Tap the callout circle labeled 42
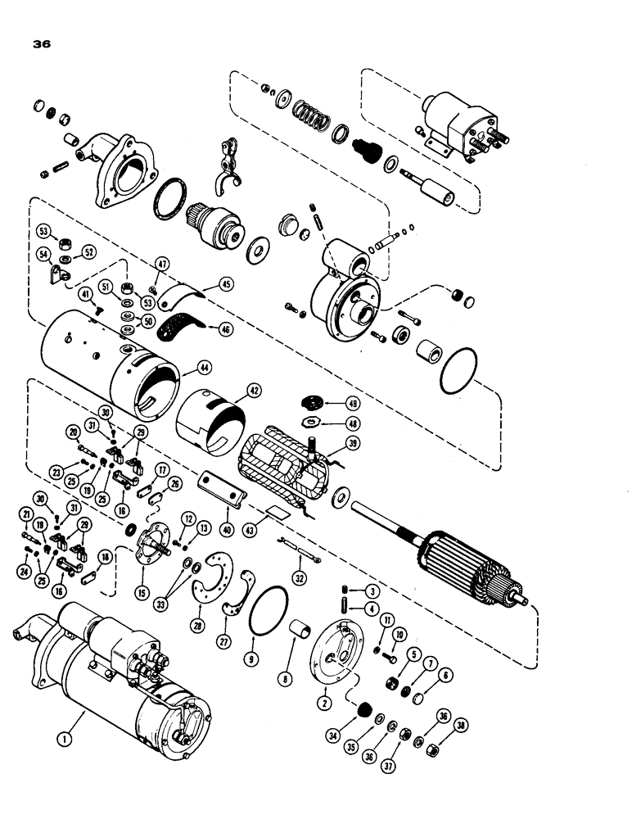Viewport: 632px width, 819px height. coord(232,391)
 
